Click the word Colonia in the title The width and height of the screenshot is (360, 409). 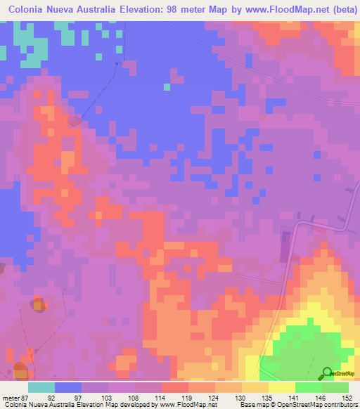(29, 10)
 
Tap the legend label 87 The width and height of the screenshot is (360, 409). (27, 396)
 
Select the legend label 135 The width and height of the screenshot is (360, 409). (266, 396)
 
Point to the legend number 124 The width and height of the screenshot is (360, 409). (214, 396)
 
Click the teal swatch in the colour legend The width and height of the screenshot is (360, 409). (41, 387)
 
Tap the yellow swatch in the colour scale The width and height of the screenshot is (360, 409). (282, 387)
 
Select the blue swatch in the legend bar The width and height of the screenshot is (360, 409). (68, 387)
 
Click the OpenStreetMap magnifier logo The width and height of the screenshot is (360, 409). (327, 373)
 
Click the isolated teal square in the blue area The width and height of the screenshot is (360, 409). (167, 87)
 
